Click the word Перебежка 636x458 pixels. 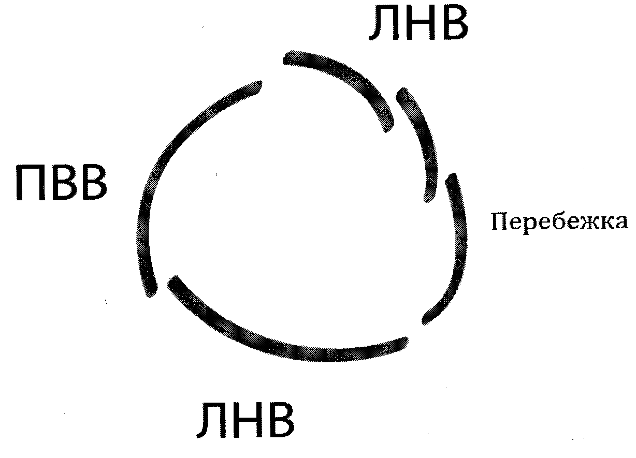[559, 223]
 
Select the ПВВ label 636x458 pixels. [61, 183]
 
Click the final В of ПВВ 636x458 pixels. [92, 183]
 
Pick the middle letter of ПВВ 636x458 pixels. [62, 183]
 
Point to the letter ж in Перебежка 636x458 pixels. [589, 223]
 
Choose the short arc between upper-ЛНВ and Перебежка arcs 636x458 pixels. [422, 140]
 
